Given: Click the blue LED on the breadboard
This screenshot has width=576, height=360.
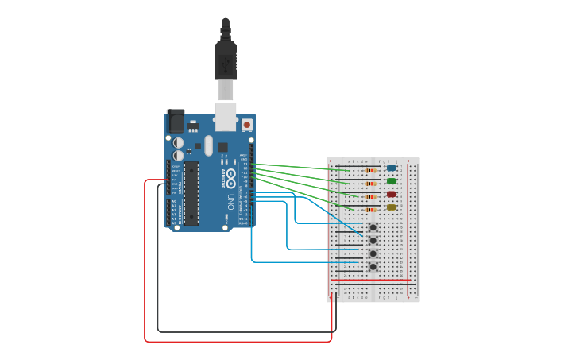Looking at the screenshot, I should pyautogui.click(x=391, y=168).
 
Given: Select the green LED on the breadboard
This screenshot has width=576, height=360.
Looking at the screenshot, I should pyautogui.click(x=391, y=181).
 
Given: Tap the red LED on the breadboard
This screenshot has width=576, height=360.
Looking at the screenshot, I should pyautogui.click(x=391, y=194).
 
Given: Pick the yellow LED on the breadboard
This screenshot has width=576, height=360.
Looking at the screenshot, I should pyautogui.click(x=391, y=207).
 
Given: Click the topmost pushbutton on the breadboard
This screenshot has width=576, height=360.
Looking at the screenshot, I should pyautogui.click(x=373, y=227).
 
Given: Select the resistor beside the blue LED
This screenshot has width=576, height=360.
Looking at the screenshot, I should pyautogui.click(x=371, y=170).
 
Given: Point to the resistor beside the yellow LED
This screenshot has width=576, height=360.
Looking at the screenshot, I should pyautogui.click(x=371, y=209).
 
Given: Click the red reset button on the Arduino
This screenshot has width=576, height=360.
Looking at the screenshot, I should pyautogui.click(x=247, y=125).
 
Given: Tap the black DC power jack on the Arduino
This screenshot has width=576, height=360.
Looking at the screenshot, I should pyautogui.click(x=176, y=121).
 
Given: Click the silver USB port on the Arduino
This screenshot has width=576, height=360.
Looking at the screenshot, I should pyautogui.click(x=226, y=116).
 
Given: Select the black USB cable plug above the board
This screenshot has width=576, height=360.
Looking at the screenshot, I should pyautogui.click(x=226, y=60).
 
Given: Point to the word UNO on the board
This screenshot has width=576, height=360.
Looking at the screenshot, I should pyautogui.click(x=230, y=196).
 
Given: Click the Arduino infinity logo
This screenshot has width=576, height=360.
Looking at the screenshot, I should pyautogui.click(x=230, y=175).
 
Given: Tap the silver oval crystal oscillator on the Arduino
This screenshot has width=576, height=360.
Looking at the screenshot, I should pyautogui.click(x=208, y=145).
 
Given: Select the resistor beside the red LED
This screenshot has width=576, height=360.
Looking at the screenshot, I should pyautogui.click(x=371, y=196).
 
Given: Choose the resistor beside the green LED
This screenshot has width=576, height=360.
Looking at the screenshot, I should pyautogui.click(x=371, y=183).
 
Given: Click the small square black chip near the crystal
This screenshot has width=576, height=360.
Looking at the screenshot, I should pyautogui.click(x=223, y=147).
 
